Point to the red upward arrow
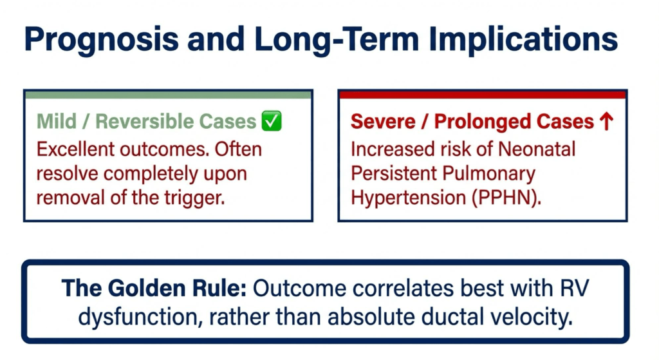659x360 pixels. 605,121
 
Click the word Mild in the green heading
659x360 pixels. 53,121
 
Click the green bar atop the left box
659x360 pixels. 168,95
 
